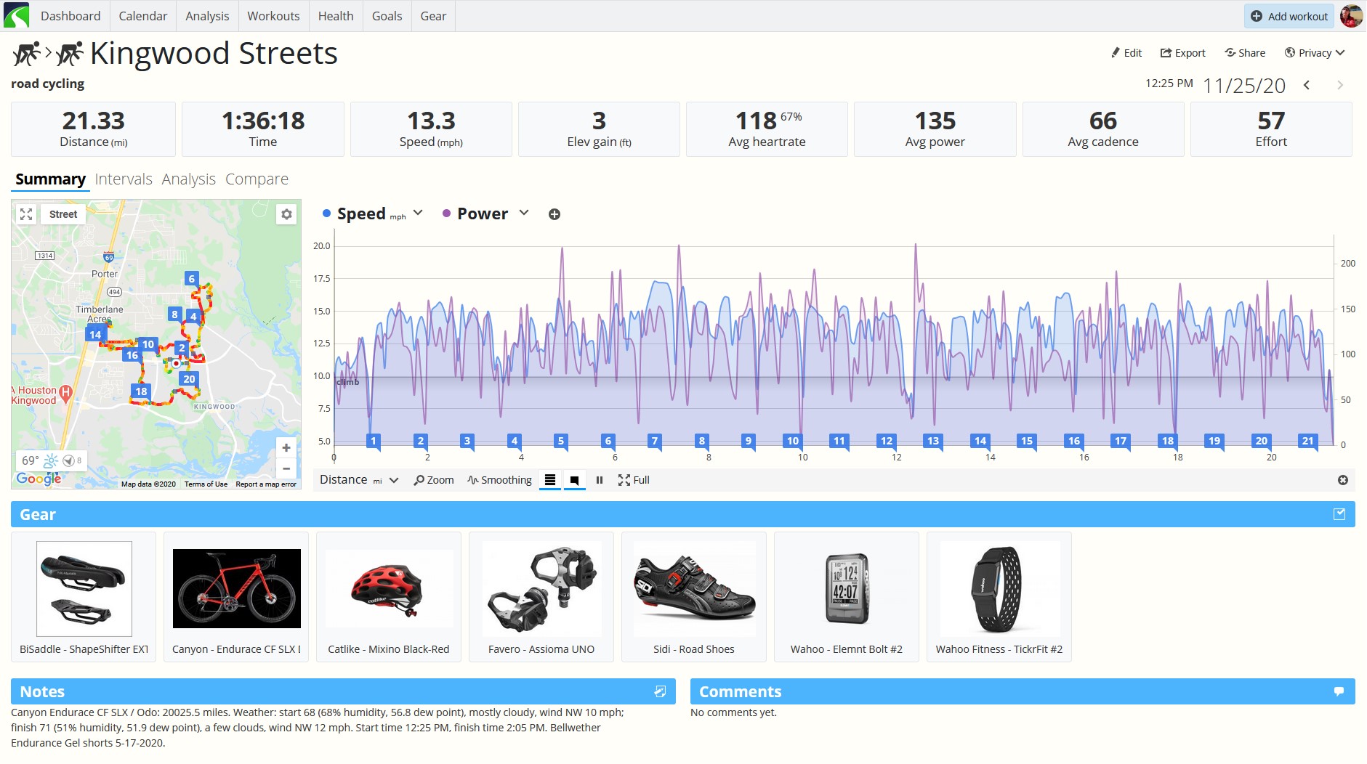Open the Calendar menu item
pyautogui.click(x=142, y=16)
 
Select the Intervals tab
pyautogui.click(x=124, y=179)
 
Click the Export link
pyautogui.click(x=1182, y=53)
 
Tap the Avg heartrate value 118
pyautogui.click(x=756, y=121)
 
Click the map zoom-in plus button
pyautogui.click(x=286, y=448)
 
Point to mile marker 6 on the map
pyautogui.click(x=192, y=279)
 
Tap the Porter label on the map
pyautogui.click(x=105, y=274)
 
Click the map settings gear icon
pyautogui.click(x=286, y=214)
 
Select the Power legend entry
pyautogui.click(x=483, y=214)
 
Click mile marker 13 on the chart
pyautogui.click(x=933, y=441)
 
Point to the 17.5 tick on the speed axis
pyautogui.click(x=321, y=278)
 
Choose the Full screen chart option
pyautogui.click(x=633, y=480)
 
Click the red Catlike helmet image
pyautogui.click(x=389, y=588)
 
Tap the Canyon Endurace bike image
pyautogui.click(x=237, y=588)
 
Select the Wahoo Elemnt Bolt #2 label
pyautogui.click(x=847, y=649)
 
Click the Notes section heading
pyautogui.click(x=42, y=692)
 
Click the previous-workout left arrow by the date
pyautogui.click(x=1307, y=85)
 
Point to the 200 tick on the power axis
pyautogui.click(x=1348, y=264)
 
